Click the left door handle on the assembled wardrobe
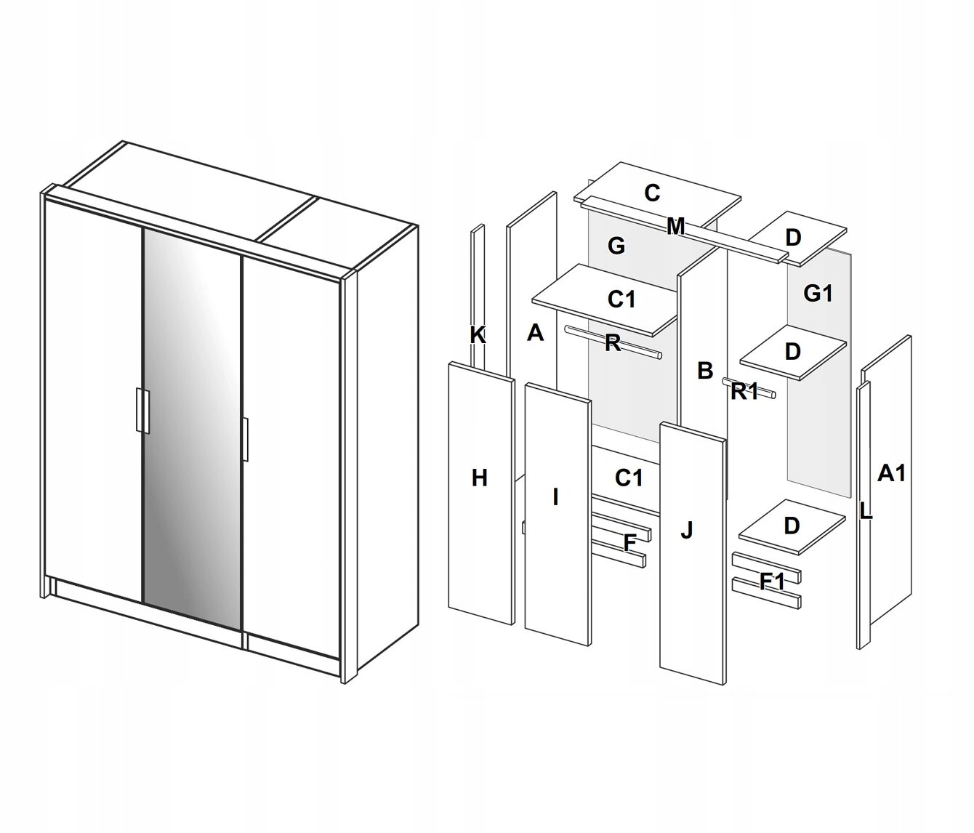coord(142,411)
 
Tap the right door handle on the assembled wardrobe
coord(245,439)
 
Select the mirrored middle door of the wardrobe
coord(192,428)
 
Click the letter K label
coord(478,336)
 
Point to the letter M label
coord(676,227)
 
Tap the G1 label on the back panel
coord(818,294)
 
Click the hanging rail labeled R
coord(613,342)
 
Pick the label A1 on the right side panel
coord(891,473)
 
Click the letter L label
coord(866,512)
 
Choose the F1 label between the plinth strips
coord(772,582)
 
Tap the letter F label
coord(630,543)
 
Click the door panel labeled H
coord(481,494)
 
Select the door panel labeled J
coord(693,554)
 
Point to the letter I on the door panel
coord(555,497)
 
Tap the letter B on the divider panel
coord(705,370)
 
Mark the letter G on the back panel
coord(616,246)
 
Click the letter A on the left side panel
coord(535,333)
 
